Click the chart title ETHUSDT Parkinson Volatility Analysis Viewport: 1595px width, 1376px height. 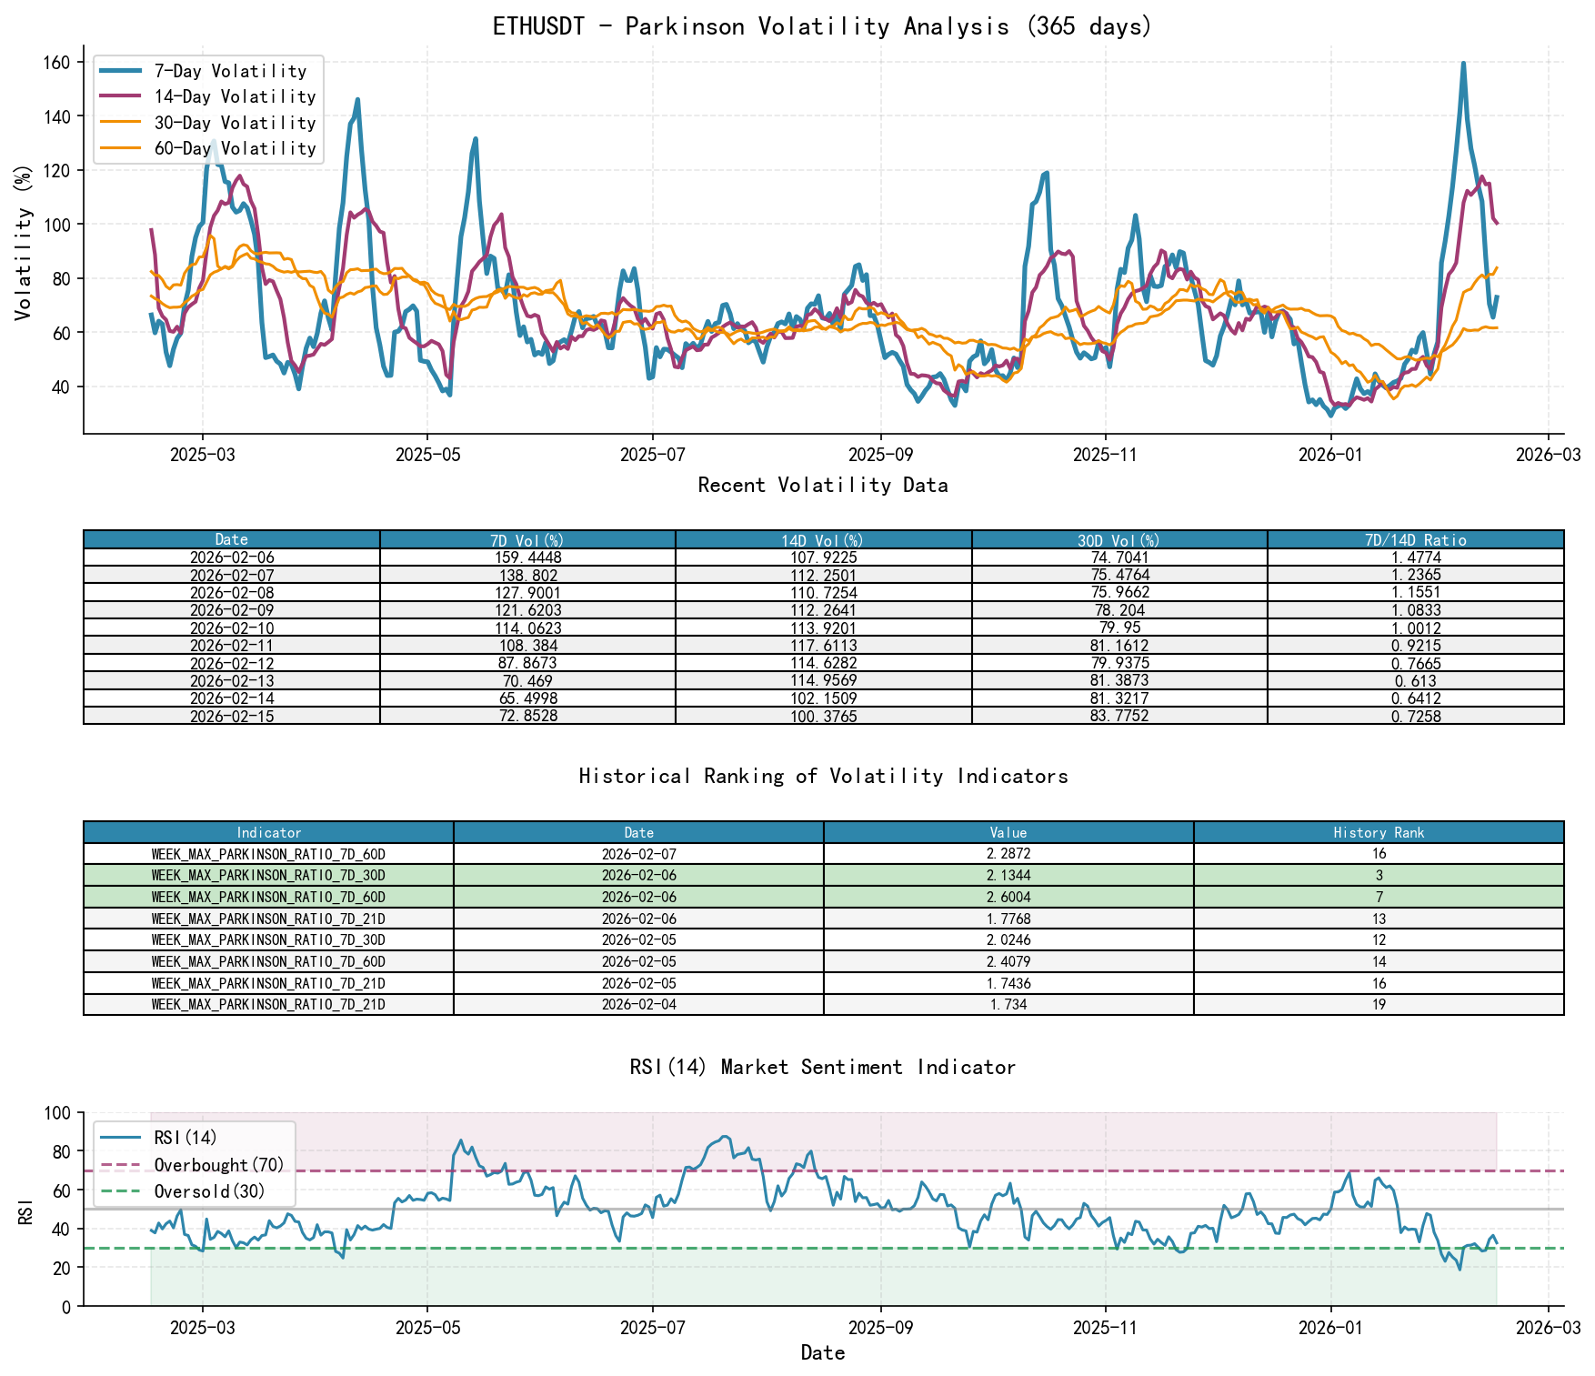[x=822, y=26]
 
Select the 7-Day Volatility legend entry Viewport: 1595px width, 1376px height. [x=230, y=71]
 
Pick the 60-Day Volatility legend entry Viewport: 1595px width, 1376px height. [x=235, y=148]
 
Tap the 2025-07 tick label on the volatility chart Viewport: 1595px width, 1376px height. [x=652, y=455]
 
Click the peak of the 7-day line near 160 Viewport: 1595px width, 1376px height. [x=1463, y=64]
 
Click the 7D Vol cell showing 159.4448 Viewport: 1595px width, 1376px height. [x=527, y=557]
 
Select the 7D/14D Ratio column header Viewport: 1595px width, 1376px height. [x=1415, y=540]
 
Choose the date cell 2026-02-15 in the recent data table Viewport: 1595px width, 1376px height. [x=232, y=717]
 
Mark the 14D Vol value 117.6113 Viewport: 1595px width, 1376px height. [x=823, y=646]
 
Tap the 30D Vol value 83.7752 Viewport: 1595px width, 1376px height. [x=1119, y=717]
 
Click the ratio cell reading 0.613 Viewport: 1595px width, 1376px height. [x=1415, y=681]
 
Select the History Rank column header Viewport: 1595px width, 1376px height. [x=1379, y=833]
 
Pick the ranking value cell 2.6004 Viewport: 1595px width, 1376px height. [x=1008, y=898]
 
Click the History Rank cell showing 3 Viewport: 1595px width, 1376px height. [x=1379, y=876]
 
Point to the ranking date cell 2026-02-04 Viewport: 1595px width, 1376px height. [x=638, y=1005]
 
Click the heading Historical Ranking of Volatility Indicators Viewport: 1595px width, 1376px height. [x=823, y=776]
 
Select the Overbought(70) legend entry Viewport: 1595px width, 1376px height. [x=219, y=1165]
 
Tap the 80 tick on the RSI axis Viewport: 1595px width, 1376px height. [x=59, y=1151]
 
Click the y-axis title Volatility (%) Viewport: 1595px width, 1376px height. [x=24, y=242]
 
